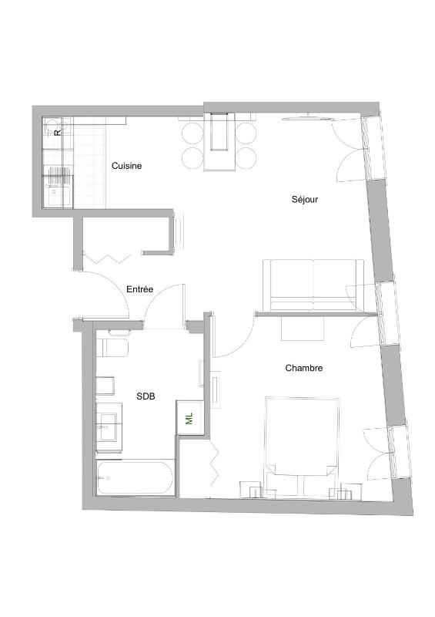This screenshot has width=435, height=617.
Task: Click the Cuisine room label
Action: pyautogui.click(x=126, y=166)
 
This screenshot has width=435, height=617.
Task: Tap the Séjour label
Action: pyautogui.click(x=305, y=199)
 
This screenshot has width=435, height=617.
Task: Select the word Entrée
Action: pyautogui.click(x=139, y=289)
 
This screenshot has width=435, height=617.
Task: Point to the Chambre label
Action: pyautogui.click(x=303, y=369)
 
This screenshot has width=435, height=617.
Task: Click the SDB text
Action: pyautogui.click(x=146, y=396)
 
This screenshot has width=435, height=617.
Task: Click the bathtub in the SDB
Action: pyautogui.click(x=135, y=479)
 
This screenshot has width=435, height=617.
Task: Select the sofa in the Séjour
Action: pyautogui.click(x=313, y=282)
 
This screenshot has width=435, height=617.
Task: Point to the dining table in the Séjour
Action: pyautogui.click(x=219, y=143)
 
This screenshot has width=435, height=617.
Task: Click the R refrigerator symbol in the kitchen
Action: pyautogui.click(x=56, y=132)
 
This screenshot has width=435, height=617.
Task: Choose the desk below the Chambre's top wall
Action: pyautogui.click(x=303, y=328)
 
